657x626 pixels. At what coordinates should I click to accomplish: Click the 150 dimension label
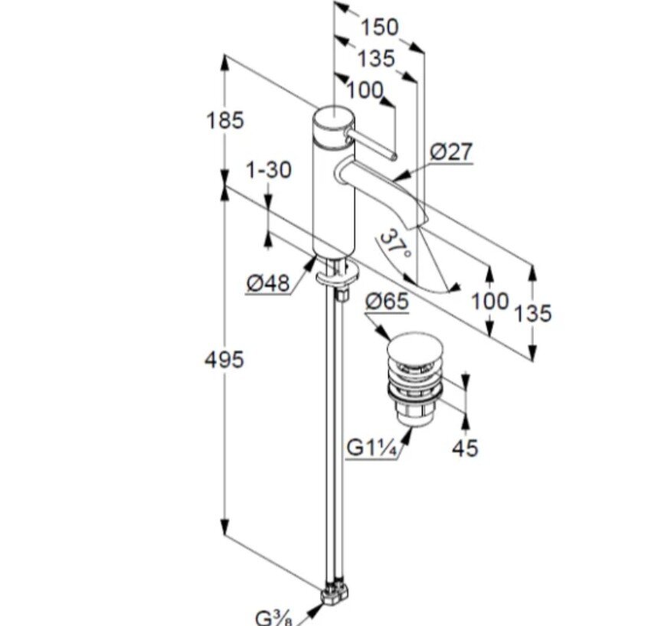pos(380,27)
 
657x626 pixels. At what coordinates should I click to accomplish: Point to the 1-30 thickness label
pos(269,169)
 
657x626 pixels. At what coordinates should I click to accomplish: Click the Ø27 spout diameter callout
pos(450,152)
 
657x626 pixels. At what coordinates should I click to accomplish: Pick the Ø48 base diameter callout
pos(268,283)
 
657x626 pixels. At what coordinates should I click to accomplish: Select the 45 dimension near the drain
pos(464,448)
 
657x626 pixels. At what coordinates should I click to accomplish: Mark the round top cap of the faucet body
pos(332,118)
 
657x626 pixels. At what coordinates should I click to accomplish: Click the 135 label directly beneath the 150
pos(375,58)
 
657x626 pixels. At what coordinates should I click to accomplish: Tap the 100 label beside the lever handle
pos(364,90)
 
